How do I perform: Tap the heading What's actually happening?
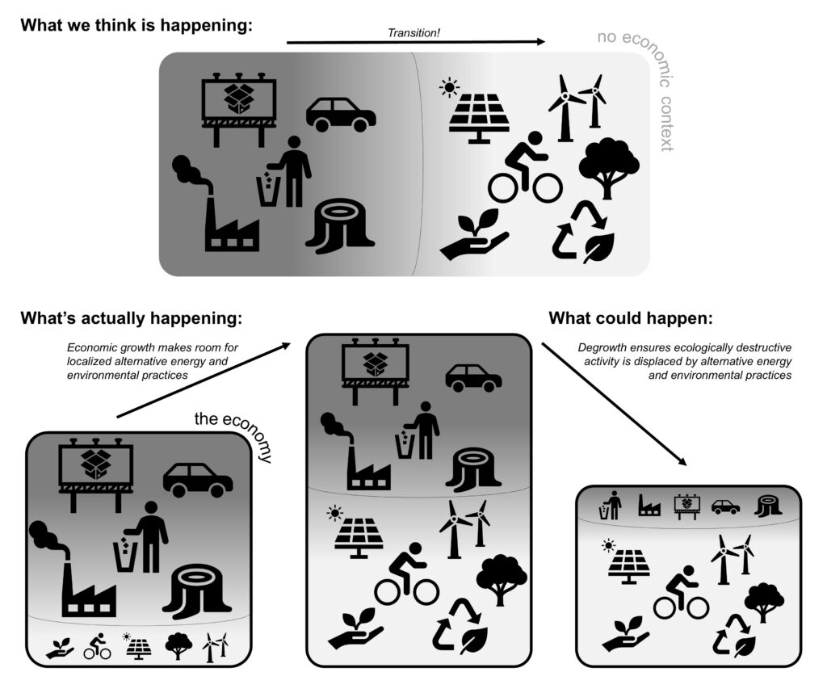[132, 317]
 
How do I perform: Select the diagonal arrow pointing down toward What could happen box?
[614, 404]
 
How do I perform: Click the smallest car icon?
[725, 506]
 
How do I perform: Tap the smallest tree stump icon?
[767, 506]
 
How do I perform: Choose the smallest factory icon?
[649, 506]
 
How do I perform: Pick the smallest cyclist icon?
[98, 646]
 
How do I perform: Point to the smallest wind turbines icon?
[216, 646]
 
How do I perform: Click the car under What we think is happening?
[341, 115]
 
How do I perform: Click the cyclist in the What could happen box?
[680, 592]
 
